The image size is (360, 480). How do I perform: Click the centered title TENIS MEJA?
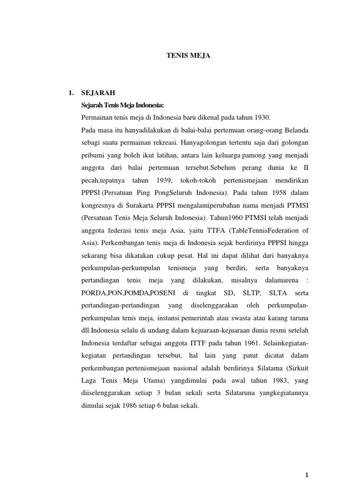coord(182,55)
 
